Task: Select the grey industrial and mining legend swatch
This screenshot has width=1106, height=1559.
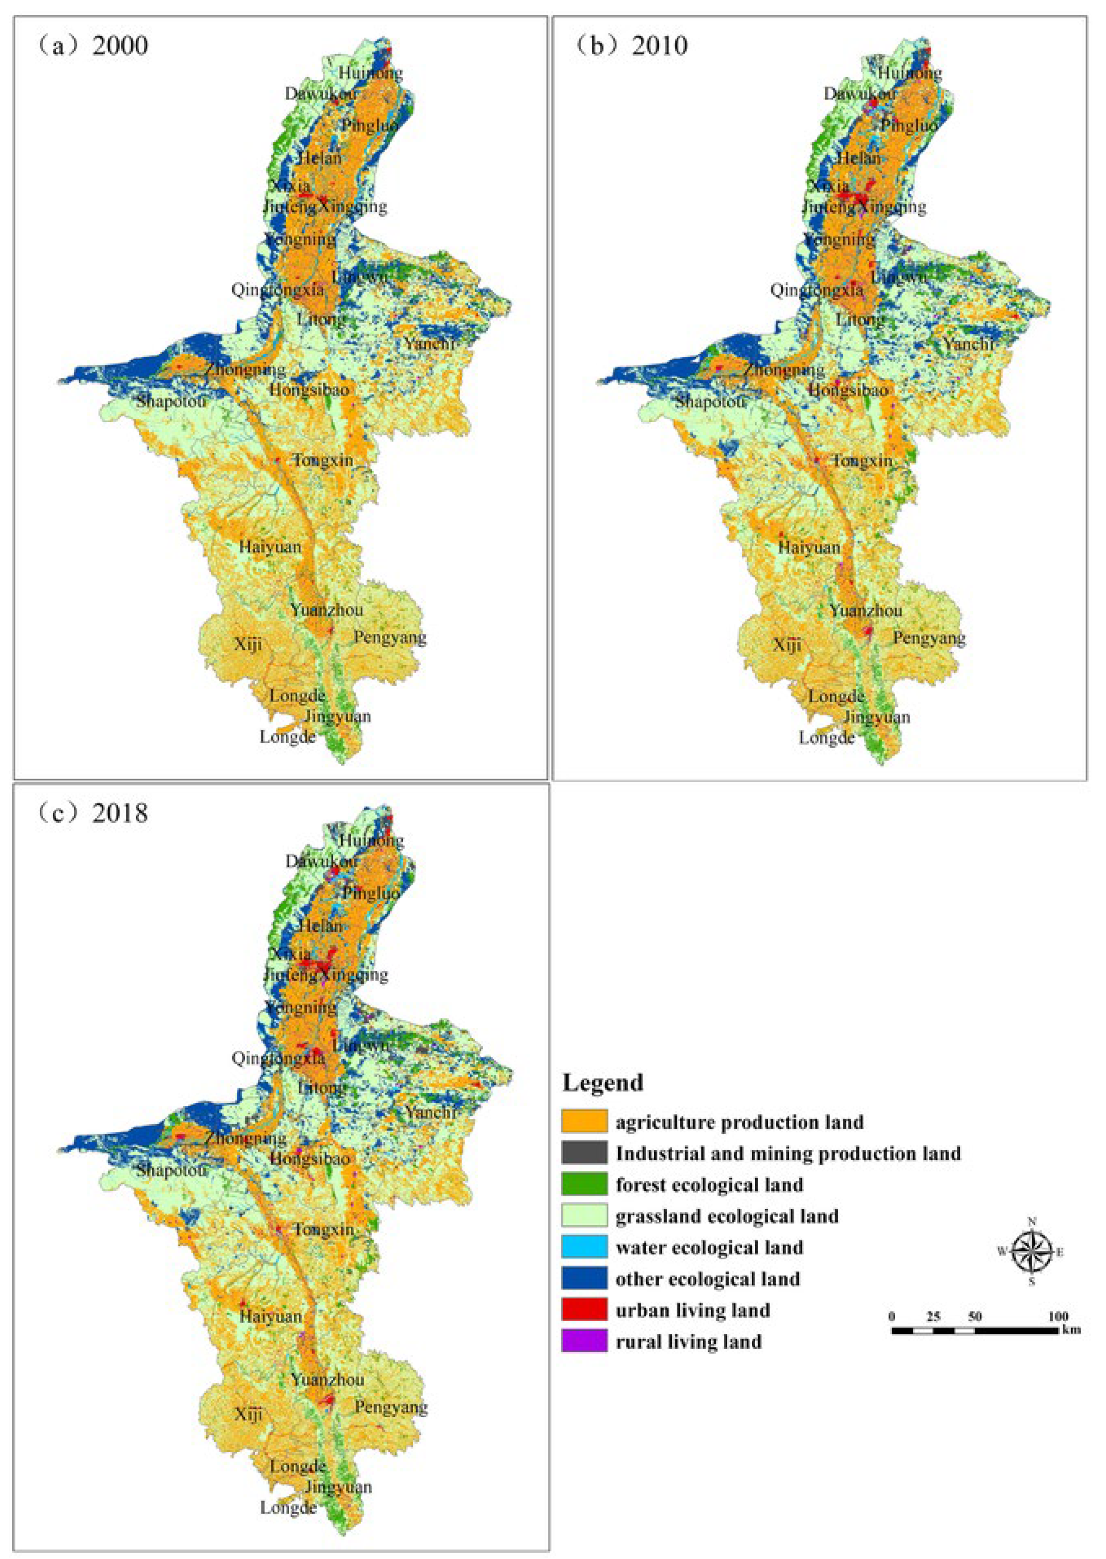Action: pos(584,1152)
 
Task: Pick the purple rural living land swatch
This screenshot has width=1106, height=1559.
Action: pos(584,1341)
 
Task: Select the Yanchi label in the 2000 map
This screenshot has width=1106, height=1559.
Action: pos(429,343)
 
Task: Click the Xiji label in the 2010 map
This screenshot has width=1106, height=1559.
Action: pos(787,644)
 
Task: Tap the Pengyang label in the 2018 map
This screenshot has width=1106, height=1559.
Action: pos(391,1406)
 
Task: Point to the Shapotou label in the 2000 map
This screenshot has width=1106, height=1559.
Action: pos(170,400)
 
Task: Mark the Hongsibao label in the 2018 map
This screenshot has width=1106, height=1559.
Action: pos(310,1157)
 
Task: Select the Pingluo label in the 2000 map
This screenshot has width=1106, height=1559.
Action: pos(370,125)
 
